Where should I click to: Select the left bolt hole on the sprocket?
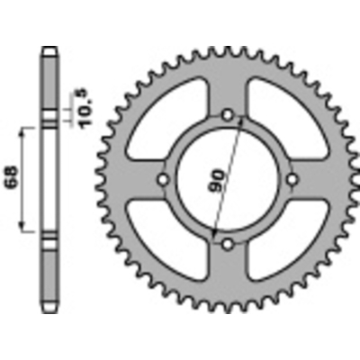(x=163, y=180)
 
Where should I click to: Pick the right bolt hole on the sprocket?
(x=292, y=180)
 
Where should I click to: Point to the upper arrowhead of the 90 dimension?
(x=241, y=124)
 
